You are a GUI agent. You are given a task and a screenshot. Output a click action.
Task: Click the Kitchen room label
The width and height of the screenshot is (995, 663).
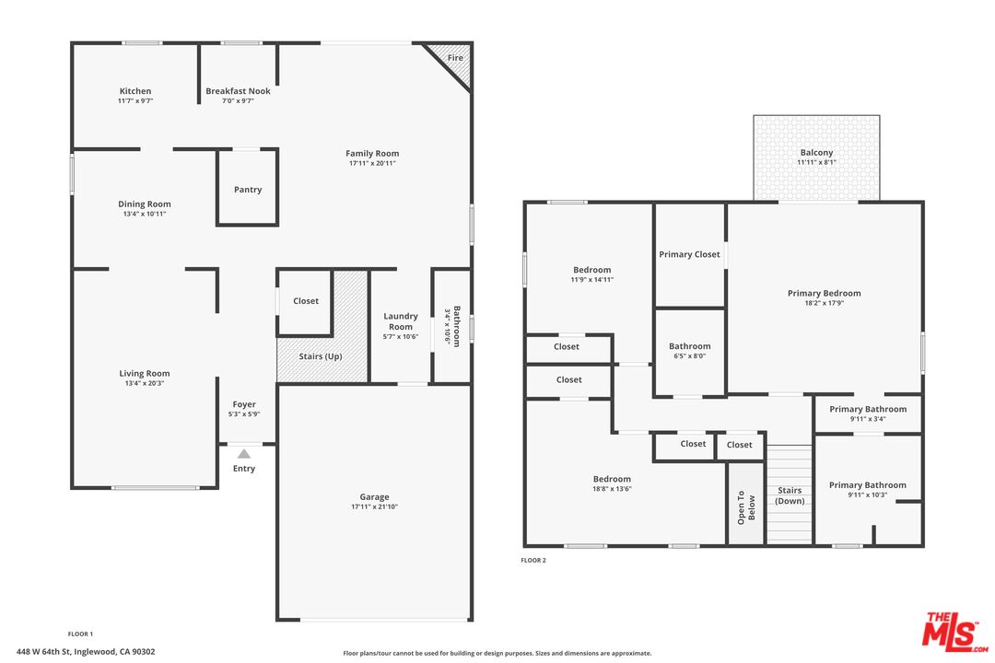(135, 91)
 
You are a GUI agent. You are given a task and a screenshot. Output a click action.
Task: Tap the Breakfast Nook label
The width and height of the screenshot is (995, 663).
(238, 91)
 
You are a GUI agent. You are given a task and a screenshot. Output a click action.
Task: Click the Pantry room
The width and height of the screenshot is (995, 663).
(248, 190)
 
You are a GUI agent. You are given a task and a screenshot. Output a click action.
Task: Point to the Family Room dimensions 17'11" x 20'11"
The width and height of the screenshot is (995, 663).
(372, 164)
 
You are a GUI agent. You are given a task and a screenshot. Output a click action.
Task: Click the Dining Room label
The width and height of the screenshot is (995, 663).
(145, 204)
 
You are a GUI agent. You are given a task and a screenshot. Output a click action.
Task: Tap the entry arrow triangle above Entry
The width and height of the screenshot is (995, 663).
(243, 453)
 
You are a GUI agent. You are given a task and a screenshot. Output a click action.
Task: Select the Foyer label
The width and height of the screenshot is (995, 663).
(244, 404)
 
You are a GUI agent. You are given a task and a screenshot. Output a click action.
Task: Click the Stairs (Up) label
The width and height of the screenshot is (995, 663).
(321, 356)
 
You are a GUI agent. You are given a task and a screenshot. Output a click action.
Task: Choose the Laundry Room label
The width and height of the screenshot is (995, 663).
(401, 321)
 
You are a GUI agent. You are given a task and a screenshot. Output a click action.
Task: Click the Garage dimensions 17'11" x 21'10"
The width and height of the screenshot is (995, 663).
(374, 507)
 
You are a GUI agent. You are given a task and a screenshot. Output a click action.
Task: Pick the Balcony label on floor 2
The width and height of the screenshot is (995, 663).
(816, 153)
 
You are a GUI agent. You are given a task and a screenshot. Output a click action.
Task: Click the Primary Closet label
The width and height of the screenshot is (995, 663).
(689, 254)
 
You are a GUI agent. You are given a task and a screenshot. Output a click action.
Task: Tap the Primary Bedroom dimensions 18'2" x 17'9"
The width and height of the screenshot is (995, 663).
(824, 304)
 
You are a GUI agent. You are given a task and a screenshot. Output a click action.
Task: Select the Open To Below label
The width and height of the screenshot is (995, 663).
(745, 506)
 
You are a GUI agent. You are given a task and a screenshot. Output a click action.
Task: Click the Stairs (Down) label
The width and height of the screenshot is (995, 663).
(790, 495)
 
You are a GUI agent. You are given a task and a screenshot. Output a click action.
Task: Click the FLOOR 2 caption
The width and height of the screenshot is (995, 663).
(533, 560)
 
